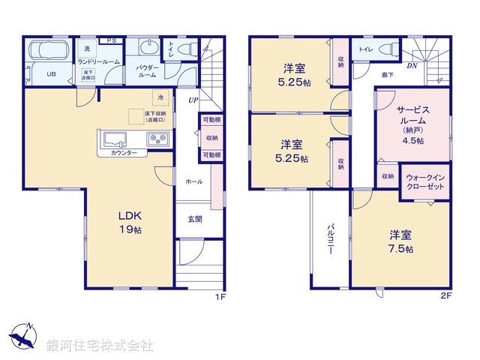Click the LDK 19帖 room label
pos(129,223)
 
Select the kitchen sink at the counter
pos(116,139)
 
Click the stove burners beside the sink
pos(157,139)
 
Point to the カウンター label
pos(124,153)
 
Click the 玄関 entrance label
pos(194,219)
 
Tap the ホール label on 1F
pos(193,181)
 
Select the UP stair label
pos(193,100)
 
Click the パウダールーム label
pos(146,71)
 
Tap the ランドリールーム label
pos(98,61)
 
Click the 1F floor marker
pos(220,296)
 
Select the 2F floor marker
pos(445,296)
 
